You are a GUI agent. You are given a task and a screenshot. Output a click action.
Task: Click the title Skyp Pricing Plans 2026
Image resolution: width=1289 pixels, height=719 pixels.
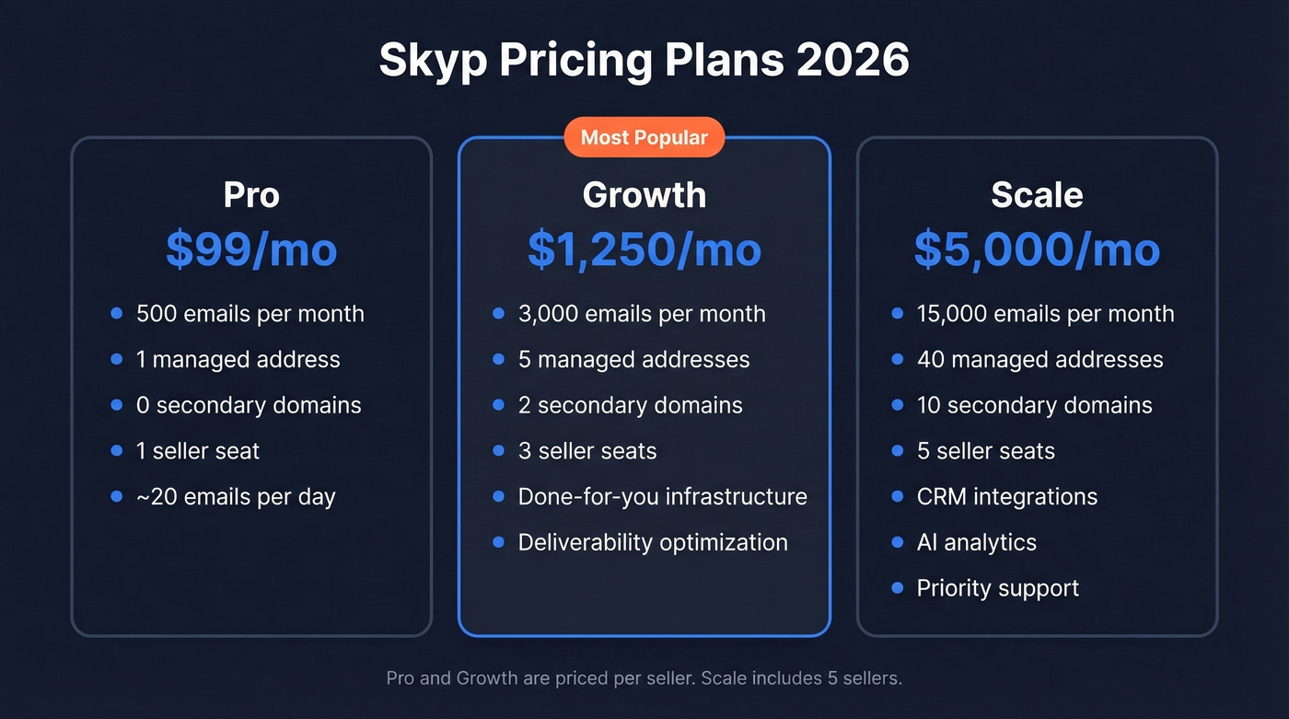point(644,61)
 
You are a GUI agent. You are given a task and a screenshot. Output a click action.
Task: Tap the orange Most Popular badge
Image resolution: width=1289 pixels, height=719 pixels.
point(644,138)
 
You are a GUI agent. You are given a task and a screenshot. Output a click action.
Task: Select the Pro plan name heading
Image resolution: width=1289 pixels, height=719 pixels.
point(251,195)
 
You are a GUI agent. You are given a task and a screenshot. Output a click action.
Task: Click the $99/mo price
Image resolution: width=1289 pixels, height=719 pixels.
point(251,249)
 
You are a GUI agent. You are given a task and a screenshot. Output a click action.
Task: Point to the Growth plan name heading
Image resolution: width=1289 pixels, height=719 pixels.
point(644,195)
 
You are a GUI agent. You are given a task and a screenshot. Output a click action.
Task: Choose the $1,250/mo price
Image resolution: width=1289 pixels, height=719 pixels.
point(644,249)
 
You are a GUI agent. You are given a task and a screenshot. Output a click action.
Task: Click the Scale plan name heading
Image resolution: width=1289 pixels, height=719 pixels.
point(1037,195)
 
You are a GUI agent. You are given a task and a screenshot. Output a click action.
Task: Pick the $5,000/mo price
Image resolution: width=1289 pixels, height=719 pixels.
point(1037,249)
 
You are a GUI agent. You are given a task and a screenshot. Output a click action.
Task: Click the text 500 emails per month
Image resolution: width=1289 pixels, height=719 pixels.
point(250,314)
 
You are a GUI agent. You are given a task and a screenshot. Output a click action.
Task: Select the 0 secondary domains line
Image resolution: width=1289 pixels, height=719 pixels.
point(249,405)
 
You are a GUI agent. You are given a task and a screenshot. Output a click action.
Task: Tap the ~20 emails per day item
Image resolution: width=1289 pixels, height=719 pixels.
point(236,497)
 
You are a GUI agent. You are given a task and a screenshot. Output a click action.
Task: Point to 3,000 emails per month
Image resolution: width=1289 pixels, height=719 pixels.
point(642,314)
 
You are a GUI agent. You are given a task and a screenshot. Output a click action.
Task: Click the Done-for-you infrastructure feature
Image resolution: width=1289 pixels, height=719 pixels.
point(662,497)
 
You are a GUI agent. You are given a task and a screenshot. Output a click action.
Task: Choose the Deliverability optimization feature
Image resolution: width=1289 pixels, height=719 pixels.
point(653,543)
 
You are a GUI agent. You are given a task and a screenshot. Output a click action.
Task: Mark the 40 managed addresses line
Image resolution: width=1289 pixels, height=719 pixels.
point(1039,360)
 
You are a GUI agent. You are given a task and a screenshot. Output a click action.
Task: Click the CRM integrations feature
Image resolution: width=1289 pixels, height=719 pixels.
point(1007,497)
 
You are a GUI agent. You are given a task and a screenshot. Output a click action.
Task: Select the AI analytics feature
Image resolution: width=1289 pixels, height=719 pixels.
point(976,543)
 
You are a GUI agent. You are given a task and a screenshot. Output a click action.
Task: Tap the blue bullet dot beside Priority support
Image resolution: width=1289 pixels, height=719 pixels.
point(898,588)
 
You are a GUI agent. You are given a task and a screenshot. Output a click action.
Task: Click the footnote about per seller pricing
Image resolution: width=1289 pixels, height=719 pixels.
point(644,678)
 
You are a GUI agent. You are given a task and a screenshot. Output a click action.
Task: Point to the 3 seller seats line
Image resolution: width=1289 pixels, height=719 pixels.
point(587,451)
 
